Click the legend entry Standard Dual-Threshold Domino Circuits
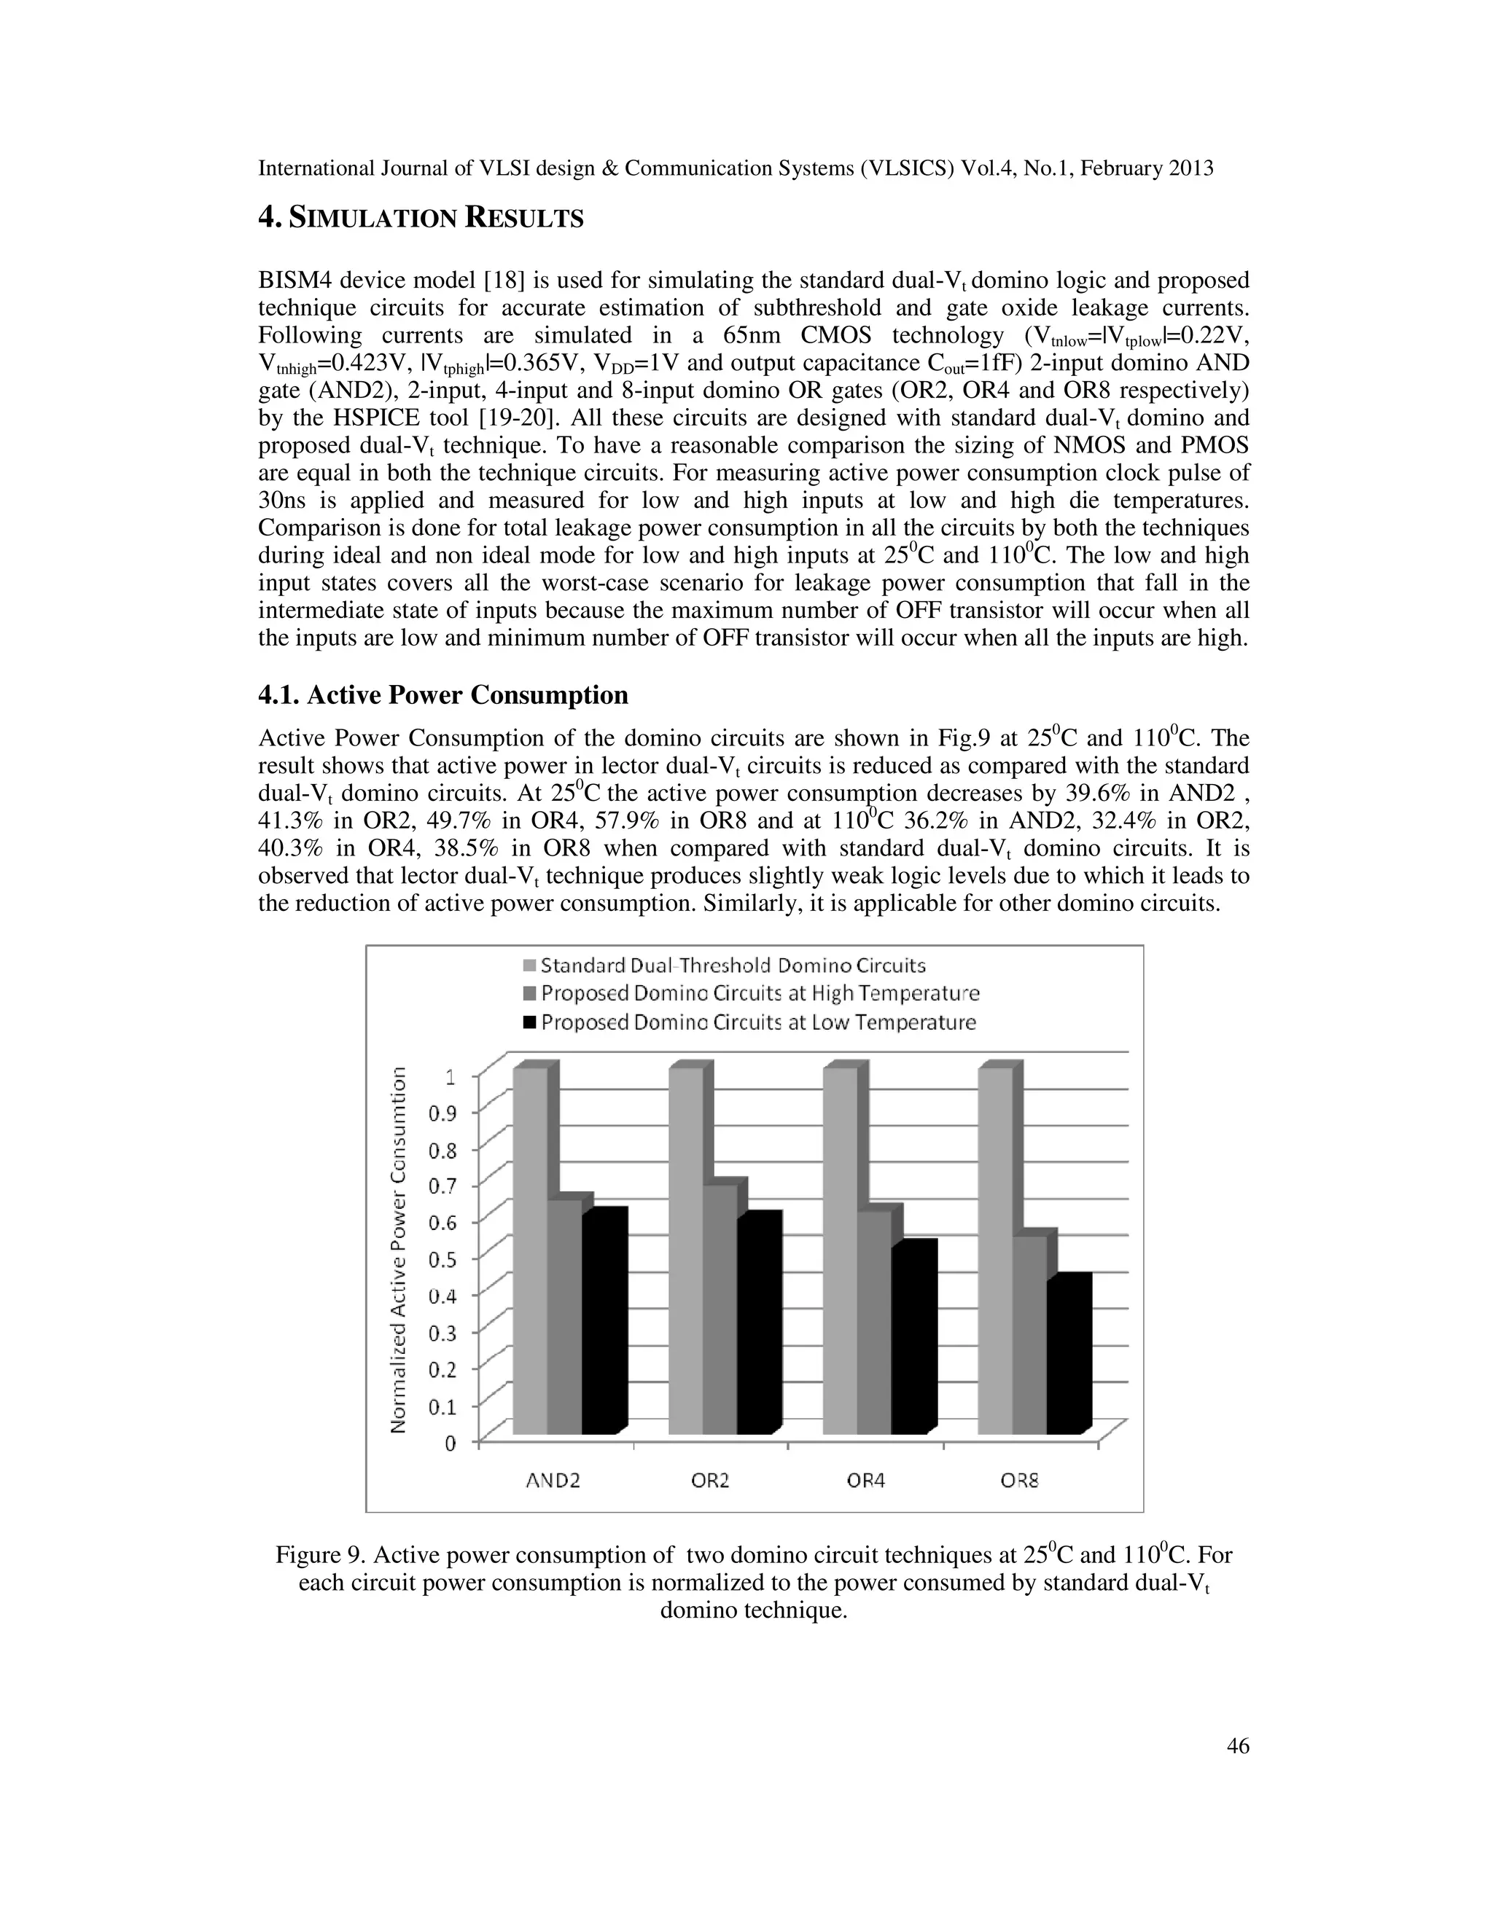733,965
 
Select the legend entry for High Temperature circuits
760,993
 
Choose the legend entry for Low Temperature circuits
758,1022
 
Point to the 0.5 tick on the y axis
443,1259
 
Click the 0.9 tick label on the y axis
443,1113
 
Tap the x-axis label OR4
865,1481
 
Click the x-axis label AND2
554,1481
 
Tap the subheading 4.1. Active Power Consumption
443,695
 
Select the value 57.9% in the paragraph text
630,820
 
